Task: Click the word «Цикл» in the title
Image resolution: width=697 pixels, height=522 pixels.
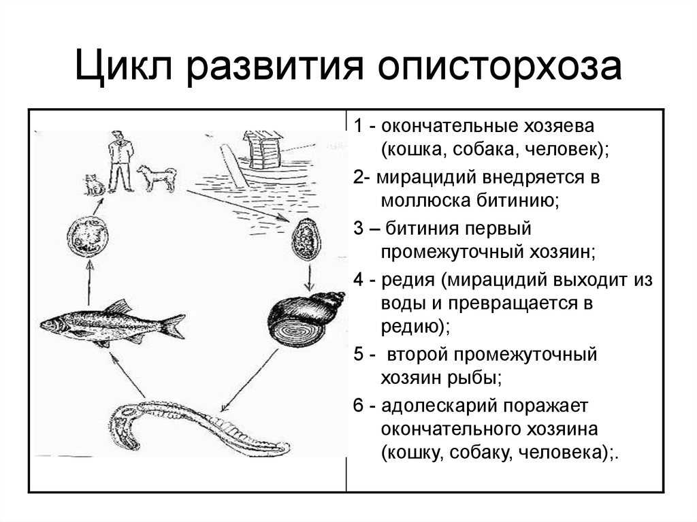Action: (123, 67)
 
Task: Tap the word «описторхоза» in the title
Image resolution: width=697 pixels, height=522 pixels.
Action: (500, 67)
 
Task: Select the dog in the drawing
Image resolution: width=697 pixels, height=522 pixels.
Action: (156, 178)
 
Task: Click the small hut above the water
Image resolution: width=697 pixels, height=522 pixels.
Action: (263, 150)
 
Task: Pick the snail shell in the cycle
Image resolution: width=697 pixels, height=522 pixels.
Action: (305, 319)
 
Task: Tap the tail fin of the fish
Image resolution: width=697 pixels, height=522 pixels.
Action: (172, 327)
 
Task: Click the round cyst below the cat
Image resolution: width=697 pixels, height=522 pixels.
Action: (88, 237)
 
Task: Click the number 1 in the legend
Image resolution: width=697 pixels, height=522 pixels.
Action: (358, 126)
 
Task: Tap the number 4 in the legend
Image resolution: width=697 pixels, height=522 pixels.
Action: (359, 280)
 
